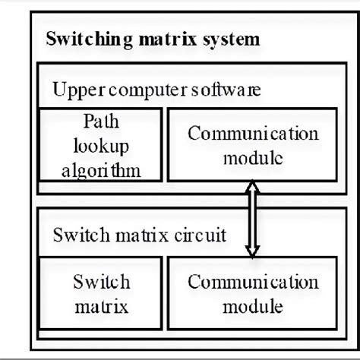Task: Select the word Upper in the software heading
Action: [74, 90]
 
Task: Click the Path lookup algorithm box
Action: [100, 144]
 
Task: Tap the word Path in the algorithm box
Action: [99, 122]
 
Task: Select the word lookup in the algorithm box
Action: [99, 145]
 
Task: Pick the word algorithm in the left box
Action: [99, 169]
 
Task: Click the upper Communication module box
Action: [253, 144]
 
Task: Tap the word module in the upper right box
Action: [254, 158]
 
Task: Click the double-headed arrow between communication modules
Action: [249, 221]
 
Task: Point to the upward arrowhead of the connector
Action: [249, 187]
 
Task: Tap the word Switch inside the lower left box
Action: [100, 283]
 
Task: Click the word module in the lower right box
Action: [254, 307]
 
